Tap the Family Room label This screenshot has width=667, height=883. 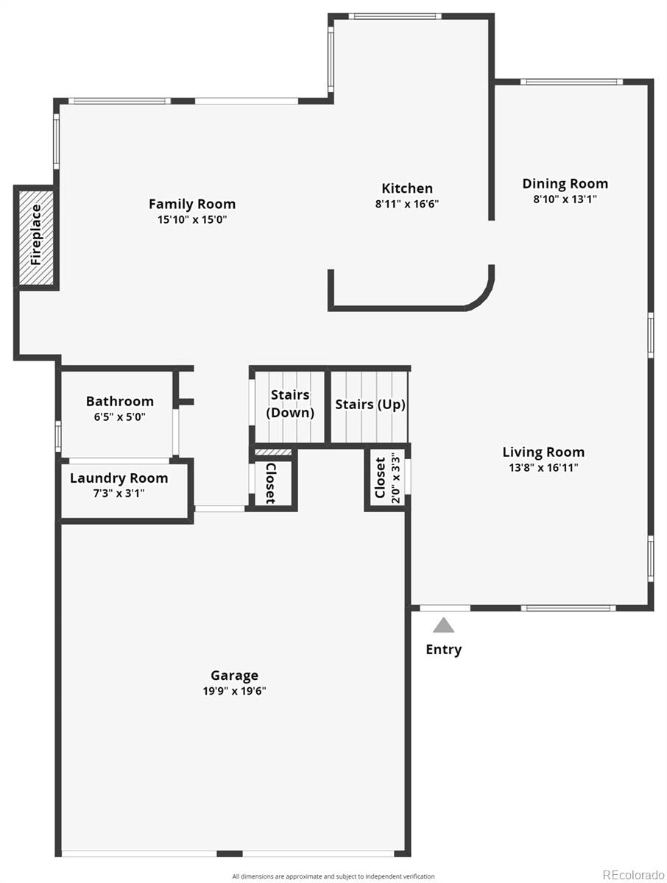(x=192, y=204)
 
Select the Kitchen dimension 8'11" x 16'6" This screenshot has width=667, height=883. (x=407, y=205)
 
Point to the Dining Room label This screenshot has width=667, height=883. (x=565, y=184)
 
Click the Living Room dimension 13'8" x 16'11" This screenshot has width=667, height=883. (x=543, y=468)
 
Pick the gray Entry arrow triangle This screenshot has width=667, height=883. (x=443, y=625)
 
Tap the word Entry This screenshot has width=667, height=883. (x=444, y=649)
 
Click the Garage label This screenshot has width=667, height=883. (x=234, y=675)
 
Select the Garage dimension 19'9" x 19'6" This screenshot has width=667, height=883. (x=234, y=691)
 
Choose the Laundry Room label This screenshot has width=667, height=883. (x=119, y=478)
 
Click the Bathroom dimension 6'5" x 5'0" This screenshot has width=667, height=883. (x=120, y=416)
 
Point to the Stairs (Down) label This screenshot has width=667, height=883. (x=290, y=404)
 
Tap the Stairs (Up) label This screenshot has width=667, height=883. (x=370, y=405)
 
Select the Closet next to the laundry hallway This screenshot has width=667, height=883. (x=271, y=483)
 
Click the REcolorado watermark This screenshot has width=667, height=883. (x=633, y=874)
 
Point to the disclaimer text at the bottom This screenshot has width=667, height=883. (x=333, y=876)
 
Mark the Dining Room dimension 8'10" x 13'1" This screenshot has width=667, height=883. (x=565, y=199)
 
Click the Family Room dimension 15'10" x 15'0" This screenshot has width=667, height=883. (x=192, y=219)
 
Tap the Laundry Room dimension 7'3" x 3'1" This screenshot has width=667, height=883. (x=119, y=494)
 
